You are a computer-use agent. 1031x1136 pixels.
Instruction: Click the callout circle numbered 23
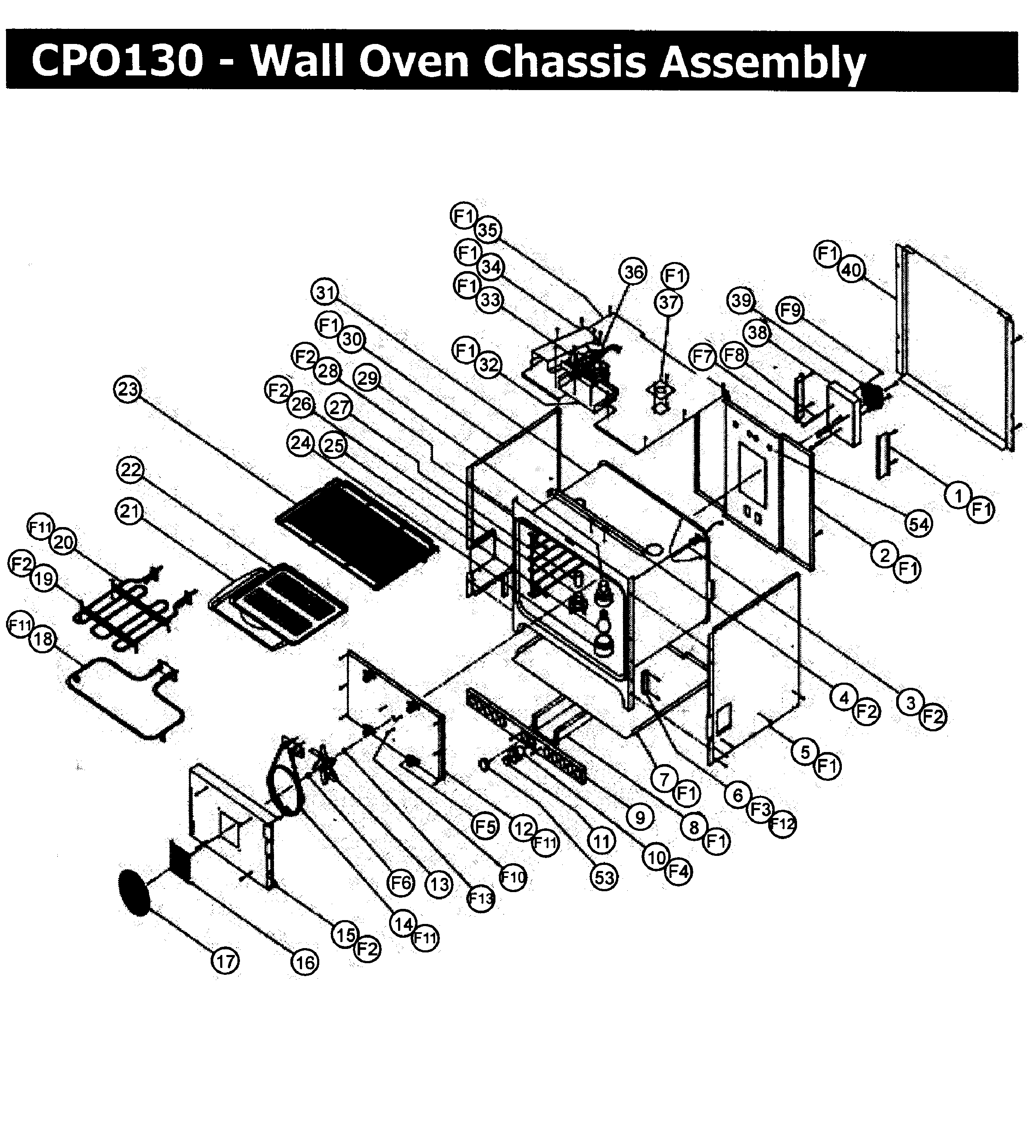click(x=128, y=390)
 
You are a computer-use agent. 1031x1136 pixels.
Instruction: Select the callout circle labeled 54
click(x=918, y=524)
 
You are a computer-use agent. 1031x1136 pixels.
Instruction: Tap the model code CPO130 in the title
click(x=117, y=61)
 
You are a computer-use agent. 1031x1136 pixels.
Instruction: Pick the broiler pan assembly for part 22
click(x=279, y=606)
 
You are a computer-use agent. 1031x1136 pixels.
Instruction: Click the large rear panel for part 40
click(x=958, y=350)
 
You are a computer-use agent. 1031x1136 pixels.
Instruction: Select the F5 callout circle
click(x=485, y=827)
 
